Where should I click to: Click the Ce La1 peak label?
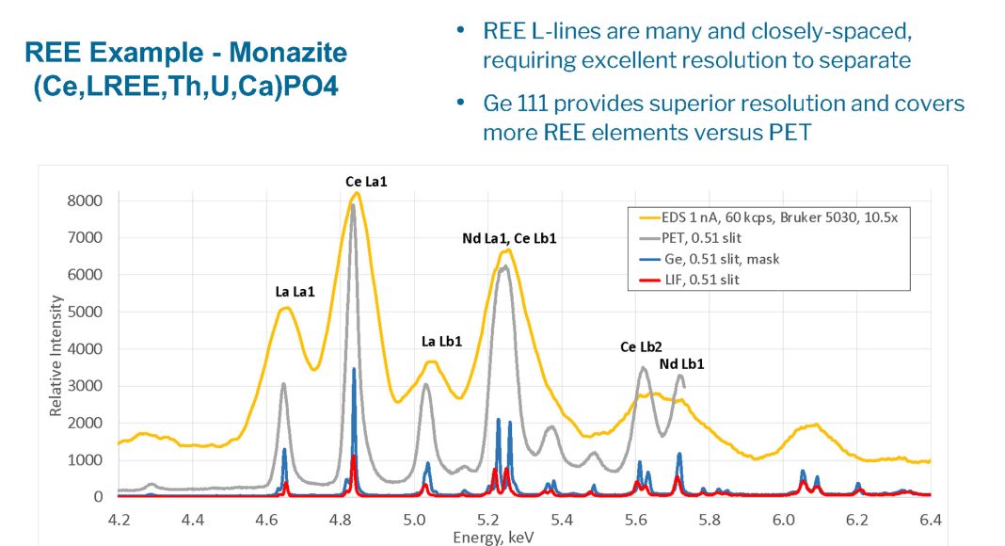click(x=366, y=181)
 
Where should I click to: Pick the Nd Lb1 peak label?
click(x=681, y=362)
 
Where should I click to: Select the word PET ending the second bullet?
click(x=788, y=133)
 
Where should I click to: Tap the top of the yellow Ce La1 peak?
click(x=357, y=193)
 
